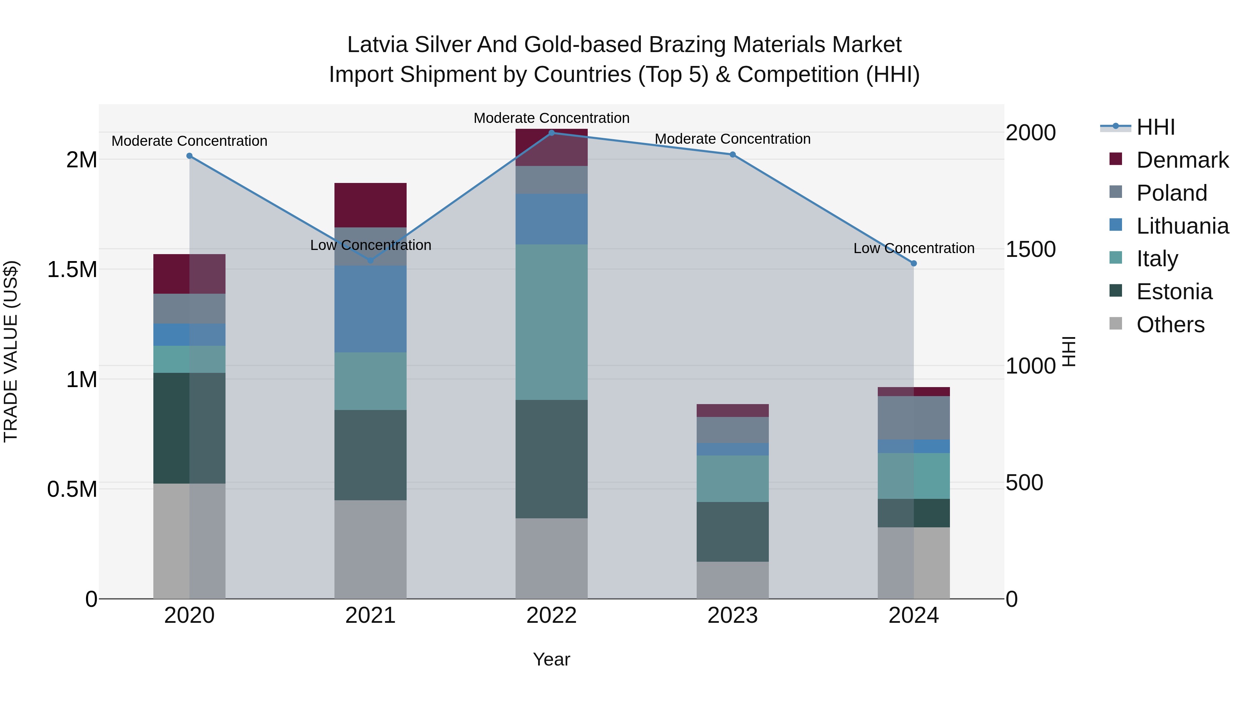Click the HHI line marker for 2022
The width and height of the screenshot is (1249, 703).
(551, 133)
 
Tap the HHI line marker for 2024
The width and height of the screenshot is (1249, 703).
(914, 263)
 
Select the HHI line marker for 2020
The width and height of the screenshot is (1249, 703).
(189, 156)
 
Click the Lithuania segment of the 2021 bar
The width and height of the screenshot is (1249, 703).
(371, 309)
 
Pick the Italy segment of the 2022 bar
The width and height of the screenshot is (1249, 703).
(551, 322)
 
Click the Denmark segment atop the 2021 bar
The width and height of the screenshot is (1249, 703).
(371, 205)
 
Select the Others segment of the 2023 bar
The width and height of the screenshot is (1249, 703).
(732, 580)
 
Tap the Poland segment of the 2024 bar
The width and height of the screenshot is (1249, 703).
(914, 417)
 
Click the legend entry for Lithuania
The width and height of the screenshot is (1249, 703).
(1182, 226)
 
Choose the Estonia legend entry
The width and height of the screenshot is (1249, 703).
(1174, 292)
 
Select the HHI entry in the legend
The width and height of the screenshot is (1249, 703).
(1155, 127)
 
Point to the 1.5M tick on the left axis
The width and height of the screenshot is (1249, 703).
(72, 269)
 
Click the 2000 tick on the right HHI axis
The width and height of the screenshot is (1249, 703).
(1030, 133)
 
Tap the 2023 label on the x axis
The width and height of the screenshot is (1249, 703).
(732, 615)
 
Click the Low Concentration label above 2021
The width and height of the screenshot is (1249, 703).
(371, 245)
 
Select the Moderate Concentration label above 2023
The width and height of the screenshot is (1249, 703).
(732, 139)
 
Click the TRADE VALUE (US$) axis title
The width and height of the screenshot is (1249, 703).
(11, 351)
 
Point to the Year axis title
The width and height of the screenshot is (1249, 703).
(551, 659)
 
